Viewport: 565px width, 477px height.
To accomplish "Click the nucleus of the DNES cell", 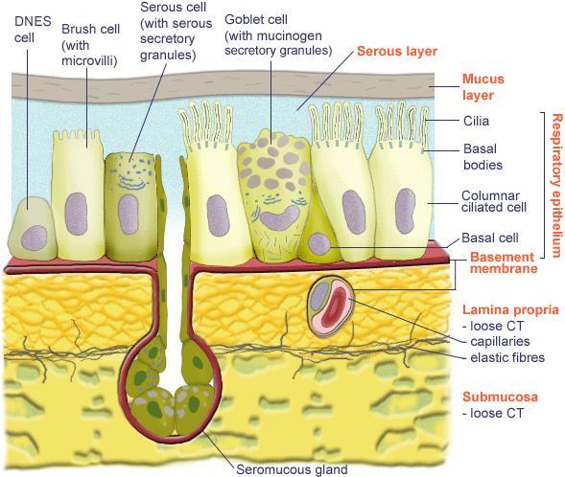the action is pos(35,238).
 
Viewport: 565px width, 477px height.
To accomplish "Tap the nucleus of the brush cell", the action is pos(76,214).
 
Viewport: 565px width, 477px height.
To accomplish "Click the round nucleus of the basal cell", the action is pos(319,243).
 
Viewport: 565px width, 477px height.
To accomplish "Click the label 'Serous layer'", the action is pos(397,52).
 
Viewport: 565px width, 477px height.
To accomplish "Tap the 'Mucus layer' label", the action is pos(483,87).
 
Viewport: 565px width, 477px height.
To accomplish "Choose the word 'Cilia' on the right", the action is pos(476,121).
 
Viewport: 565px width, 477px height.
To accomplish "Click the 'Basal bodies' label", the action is pos(483,157).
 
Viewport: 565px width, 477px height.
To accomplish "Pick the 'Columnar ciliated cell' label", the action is pos(494,201).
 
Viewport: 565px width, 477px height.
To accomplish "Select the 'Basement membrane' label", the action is pos(504,262).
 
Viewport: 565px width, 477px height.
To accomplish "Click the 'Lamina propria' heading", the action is pos(510,309).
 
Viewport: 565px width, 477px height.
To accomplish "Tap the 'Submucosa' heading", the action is pos(500,397).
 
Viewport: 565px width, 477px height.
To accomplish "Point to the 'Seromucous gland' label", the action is pos(292,469).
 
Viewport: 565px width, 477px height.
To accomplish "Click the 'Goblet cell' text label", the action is pos(256,19).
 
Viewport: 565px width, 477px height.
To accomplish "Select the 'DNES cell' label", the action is pos(33,29).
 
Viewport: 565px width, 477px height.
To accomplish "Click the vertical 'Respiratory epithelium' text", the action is pos(556,186).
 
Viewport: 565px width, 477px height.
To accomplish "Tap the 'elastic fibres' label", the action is pos(507,357).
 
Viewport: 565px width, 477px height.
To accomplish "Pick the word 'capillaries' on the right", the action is pos(500,341).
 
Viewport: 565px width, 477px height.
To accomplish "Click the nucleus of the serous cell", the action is pos(129,215).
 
